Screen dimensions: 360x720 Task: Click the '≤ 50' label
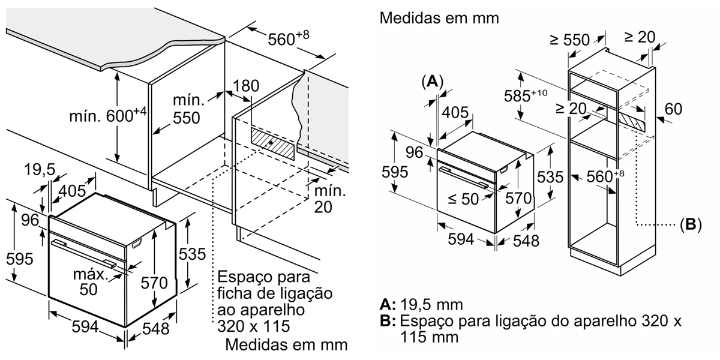463,199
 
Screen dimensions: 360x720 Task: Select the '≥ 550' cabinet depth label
569,40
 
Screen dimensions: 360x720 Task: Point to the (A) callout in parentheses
432,82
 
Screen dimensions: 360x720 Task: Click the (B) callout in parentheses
690,226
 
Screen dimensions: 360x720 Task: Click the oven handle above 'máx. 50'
84,252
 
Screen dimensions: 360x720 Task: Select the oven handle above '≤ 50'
468,178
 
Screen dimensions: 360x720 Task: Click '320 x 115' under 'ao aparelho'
251,327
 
